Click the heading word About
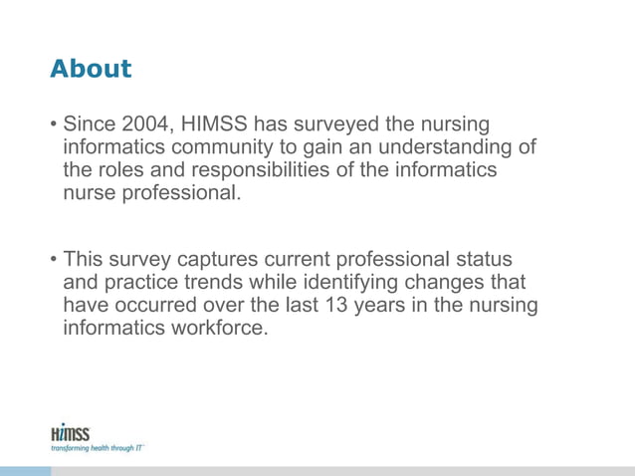(90, 69)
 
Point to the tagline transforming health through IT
(96, 449)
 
